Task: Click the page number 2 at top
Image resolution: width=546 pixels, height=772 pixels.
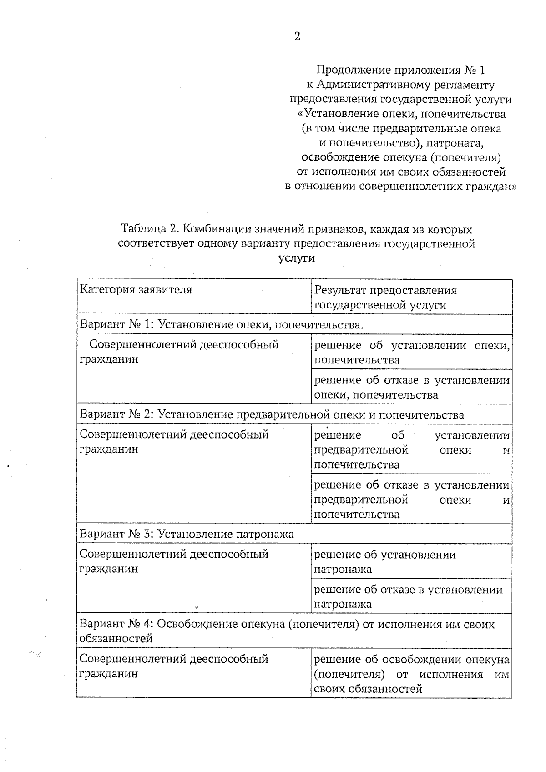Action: [297, 37]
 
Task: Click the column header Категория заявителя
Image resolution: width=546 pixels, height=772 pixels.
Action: [136, 290]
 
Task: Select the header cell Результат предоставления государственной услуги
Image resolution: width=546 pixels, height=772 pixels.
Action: [385, 298]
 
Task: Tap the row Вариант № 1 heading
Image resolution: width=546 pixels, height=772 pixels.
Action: [222, 325]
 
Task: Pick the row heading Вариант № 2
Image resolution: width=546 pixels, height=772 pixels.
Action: [272, 414]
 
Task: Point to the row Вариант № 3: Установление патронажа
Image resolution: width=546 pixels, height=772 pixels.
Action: [187, 534]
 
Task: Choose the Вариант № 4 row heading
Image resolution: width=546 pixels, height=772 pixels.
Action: [287, 631]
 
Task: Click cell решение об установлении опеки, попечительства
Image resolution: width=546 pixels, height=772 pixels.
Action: [411, 353]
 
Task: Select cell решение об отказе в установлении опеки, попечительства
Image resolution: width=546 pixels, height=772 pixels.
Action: [411, 387]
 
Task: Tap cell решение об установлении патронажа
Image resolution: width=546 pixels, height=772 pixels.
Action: [385, 562]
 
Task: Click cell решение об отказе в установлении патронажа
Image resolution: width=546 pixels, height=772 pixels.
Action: [408, 597]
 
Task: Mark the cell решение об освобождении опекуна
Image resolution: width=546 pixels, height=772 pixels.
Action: [411, 674]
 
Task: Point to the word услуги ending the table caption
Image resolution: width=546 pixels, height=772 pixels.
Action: [297, 258]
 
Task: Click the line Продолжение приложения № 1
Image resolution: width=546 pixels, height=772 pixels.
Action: [400, 70]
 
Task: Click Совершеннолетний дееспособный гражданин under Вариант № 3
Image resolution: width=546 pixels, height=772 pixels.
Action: [174, 561]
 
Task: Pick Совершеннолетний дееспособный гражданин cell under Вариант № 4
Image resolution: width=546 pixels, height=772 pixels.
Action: [174, 666]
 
